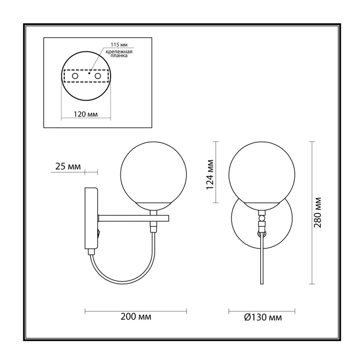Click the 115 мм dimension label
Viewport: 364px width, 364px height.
click(x=119, y=45)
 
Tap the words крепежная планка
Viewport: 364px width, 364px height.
click(x=119, y=54)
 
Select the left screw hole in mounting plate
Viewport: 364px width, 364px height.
click(x=75, y=76)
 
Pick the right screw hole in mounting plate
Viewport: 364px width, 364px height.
click(x=98, y=76)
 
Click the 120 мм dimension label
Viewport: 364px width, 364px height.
click(x=86, y=114)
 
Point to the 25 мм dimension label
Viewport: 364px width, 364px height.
click(x=68, y=167)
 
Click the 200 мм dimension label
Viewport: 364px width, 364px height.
click(x=136, y=317)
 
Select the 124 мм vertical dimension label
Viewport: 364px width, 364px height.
click(x=210, y=175)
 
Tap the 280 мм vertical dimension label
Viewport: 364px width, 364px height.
click(x=318, y=212)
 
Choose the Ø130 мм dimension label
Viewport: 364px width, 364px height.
click(x=263, y=317)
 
